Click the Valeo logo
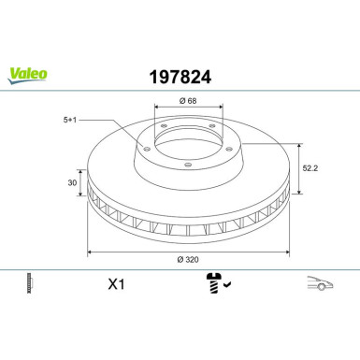(x=27, y=76)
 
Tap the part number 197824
(x=180, y=77)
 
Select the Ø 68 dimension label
(x=188, y=101)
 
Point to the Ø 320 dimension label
(x=188, y=259)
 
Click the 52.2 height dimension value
(x=310, y=168)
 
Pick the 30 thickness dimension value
(x=72, y=182)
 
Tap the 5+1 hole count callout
(x=70, y=120)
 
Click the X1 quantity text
(x=116, y=284)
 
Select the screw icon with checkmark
(x=218, y=283)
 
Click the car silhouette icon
(x=320, y=283)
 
